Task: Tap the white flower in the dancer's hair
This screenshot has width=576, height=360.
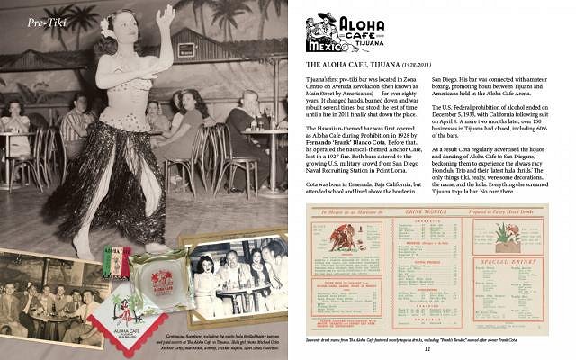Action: coord(109,28)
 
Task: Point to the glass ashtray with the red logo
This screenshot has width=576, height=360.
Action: coord(158,274)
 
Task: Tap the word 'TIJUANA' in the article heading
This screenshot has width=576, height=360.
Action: coord(391,65)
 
